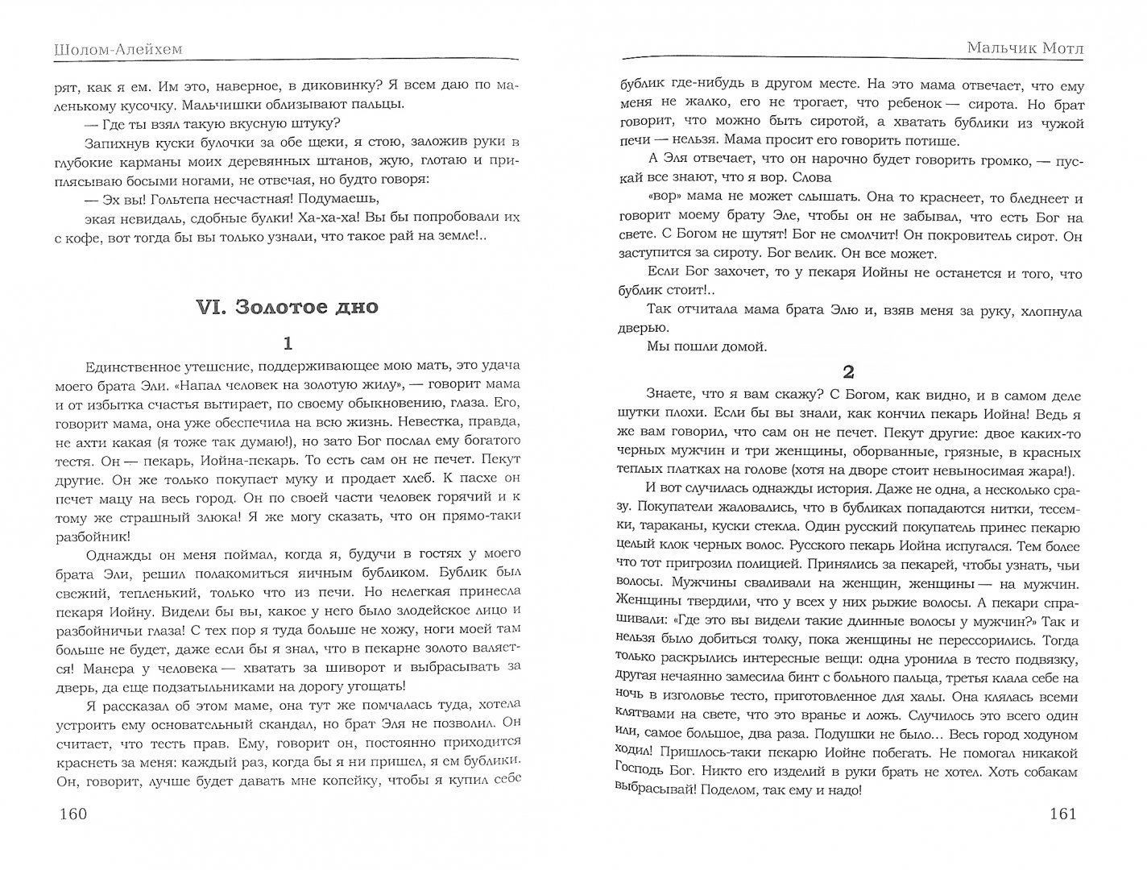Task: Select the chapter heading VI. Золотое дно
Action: [287, 308]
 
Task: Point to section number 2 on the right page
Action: [847, 371]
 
